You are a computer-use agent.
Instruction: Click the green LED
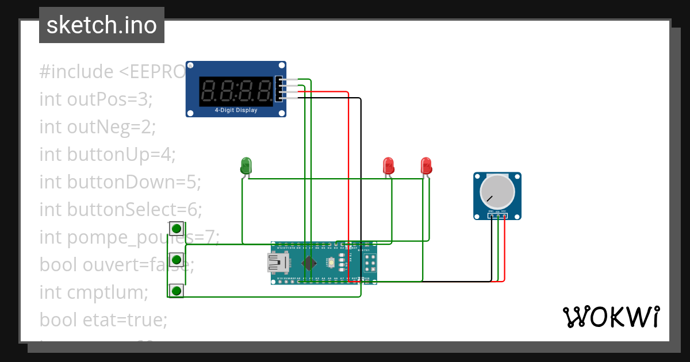(246, 165)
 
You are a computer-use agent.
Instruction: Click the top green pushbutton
(177, 229)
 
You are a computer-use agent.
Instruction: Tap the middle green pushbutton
(177, 260)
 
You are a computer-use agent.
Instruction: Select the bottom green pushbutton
(177, 290)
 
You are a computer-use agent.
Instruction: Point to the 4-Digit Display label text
(236, 110)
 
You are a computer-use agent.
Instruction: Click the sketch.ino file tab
(102, 25)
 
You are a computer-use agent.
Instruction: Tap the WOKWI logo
(611, 317)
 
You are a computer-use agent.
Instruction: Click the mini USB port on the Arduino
(278, 263)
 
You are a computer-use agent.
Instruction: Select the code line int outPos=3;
(95, 99)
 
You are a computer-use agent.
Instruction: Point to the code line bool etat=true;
(103, 320)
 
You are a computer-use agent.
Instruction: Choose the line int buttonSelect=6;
(121, 210)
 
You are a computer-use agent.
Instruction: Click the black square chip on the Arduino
(309, 263)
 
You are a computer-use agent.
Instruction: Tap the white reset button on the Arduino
(331, 263)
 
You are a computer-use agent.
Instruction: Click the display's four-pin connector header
(279, 89)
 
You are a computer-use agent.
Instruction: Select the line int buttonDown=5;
(120, 182)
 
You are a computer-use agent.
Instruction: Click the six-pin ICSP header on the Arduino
(368, 263)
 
